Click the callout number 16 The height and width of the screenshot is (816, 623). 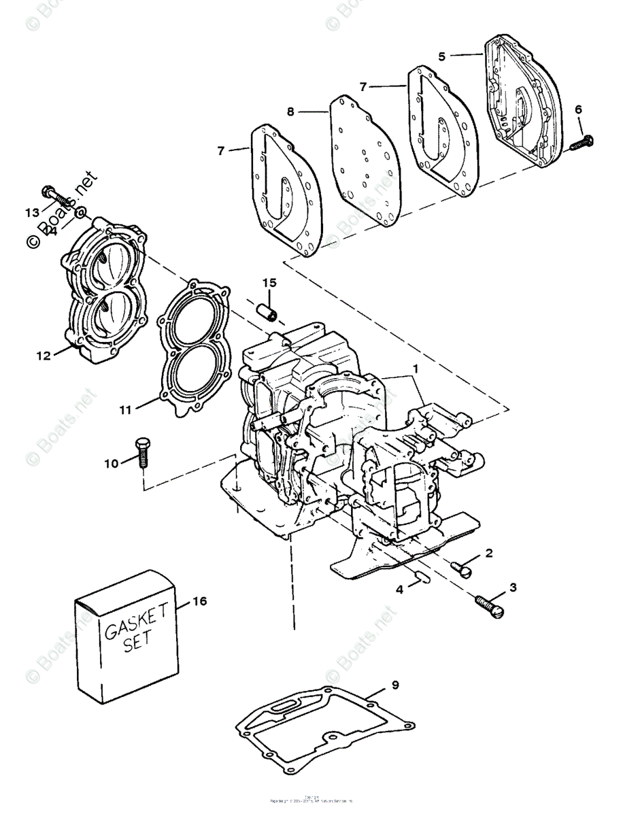click(199, 600)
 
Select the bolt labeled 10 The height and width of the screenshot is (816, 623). click(142, 451)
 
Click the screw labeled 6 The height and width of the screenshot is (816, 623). click(580, 143)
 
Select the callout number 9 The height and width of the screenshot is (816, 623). click(395, 685)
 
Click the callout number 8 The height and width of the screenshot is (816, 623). click(290, 112)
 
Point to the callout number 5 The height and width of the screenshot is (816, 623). click(442, 56)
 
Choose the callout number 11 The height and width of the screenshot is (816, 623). click(124, 409)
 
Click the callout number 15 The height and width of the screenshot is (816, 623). click(269, 282)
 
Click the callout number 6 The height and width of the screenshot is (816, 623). click(578, 109)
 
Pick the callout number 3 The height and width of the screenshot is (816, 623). click(513, 586)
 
